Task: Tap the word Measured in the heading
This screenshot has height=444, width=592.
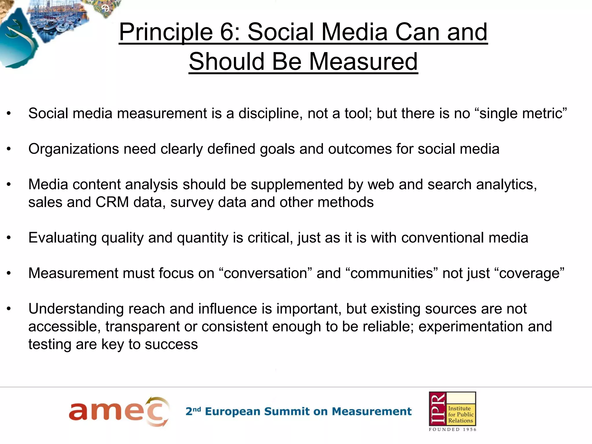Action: (x=363, y=62)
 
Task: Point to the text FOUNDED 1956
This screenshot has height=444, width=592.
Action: (x=452, y=430)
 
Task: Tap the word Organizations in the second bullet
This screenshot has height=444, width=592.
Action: (x=74, y=149)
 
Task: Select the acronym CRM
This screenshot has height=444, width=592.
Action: (x=112, y=202)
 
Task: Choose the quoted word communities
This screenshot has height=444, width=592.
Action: (x=392, y=273)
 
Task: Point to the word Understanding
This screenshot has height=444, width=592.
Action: (x=76, y=309)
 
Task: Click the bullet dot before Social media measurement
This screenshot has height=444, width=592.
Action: (x=9, y=114)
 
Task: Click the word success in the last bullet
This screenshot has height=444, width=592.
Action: (x=171, y=344)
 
